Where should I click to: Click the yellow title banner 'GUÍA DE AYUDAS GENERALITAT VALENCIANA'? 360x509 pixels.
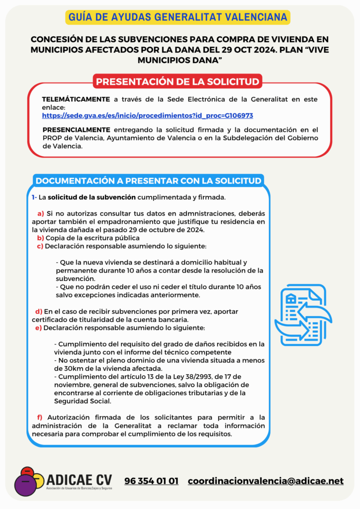(178, 17)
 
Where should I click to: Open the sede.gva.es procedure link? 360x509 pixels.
(148, 115)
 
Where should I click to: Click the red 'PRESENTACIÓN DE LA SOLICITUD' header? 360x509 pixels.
(178, 82)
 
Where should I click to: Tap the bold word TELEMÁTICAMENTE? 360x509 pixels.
(76, 99)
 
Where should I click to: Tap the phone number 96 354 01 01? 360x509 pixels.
(151, 481)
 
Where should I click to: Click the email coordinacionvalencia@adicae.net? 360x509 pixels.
(266, 481)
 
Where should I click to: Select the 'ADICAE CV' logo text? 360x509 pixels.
(79, 480)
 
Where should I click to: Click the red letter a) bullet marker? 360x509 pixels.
(41, 213)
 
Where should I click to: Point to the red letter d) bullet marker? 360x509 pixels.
(38, 311)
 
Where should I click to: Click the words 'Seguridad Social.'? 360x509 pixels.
(83, 401)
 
